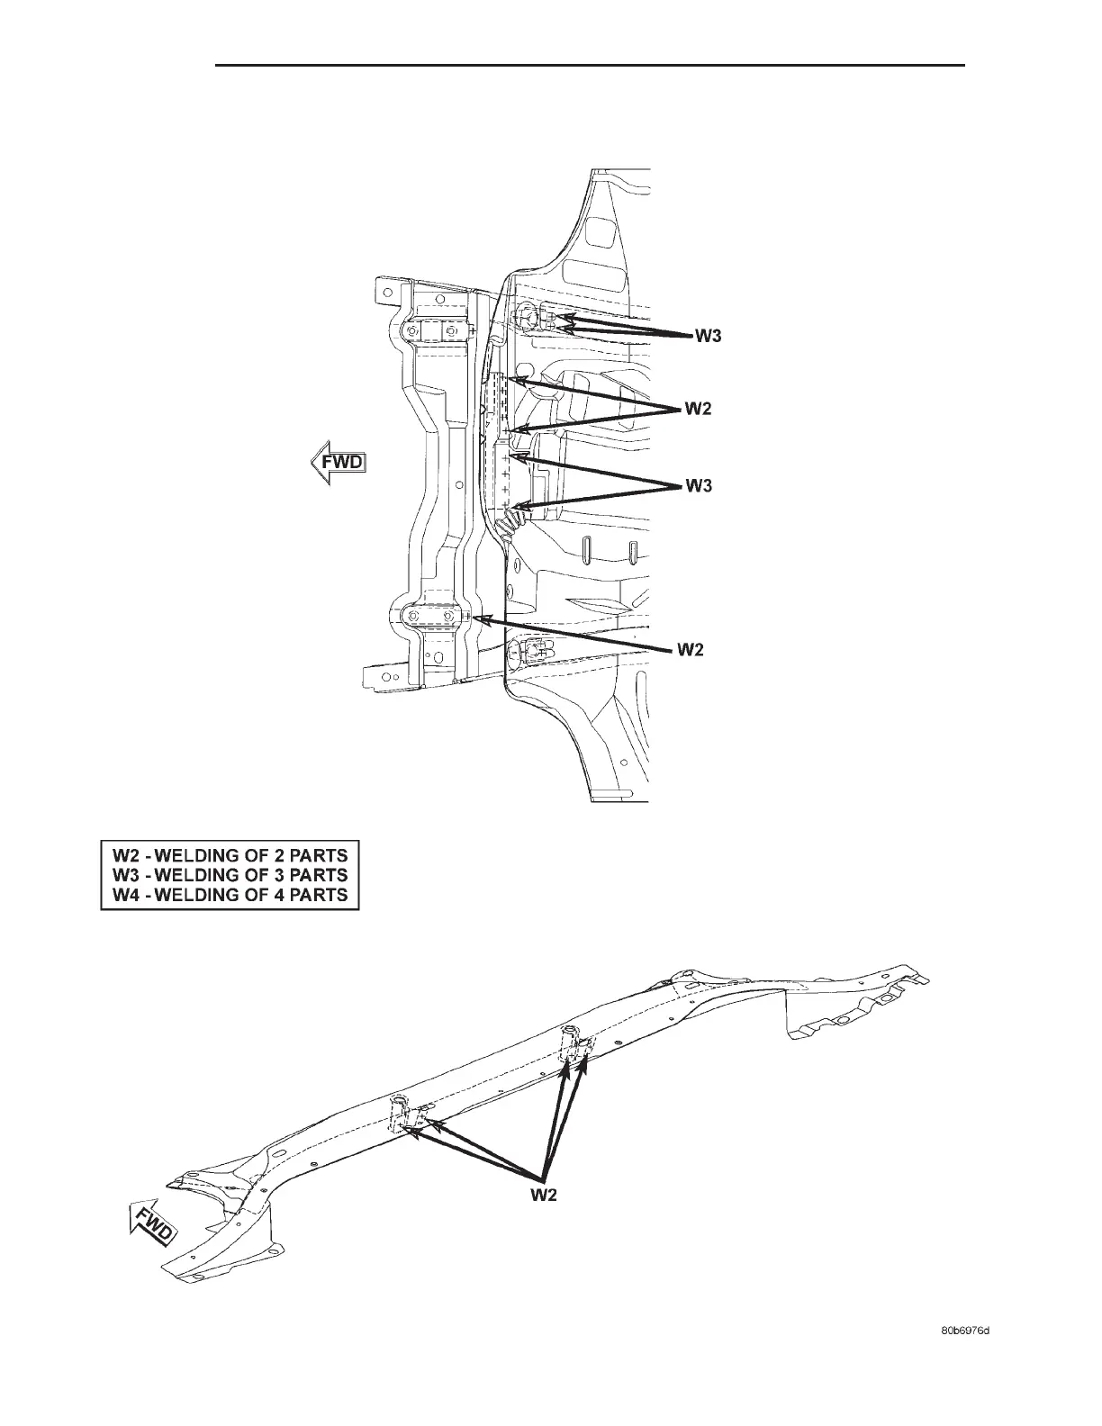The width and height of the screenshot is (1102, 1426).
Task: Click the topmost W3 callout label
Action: (707, 338)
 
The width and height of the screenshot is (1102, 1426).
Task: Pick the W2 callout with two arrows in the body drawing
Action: (699, 410)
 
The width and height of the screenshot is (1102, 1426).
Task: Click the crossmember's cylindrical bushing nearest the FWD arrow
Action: (399, 1110)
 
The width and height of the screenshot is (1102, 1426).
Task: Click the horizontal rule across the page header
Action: (590, 66)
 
